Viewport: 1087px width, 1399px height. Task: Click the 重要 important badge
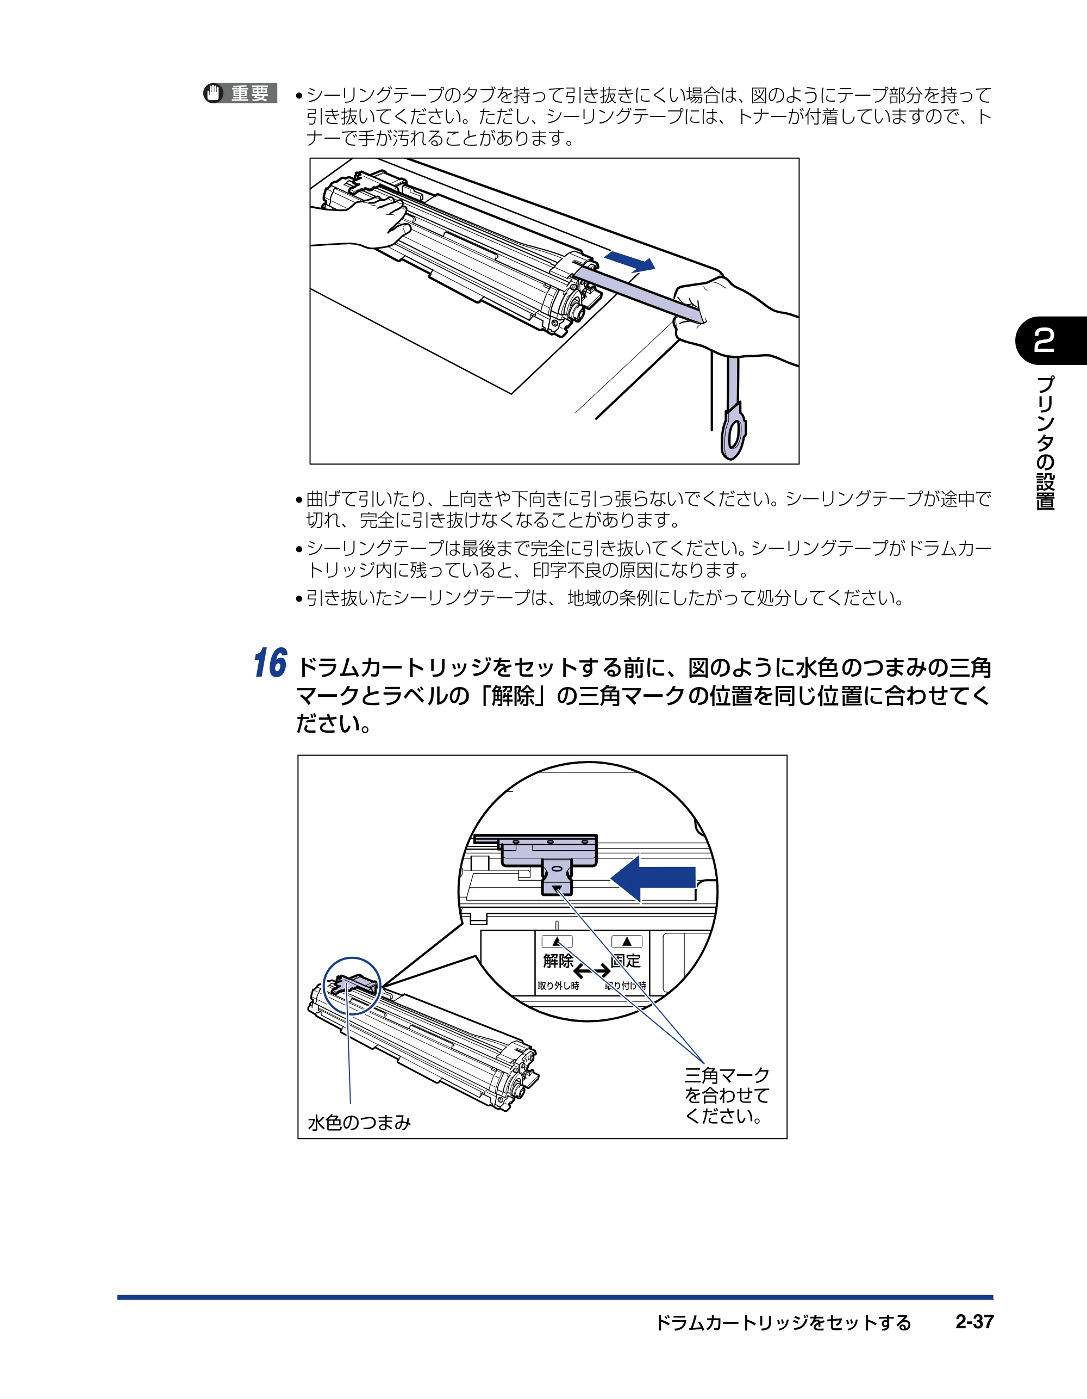pyautogui.click(x=240, y=94)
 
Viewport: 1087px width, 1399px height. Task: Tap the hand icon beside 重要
pyautogui.click(x=213, y=94)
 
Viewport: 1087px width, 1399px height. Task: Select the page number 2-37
pyautogui.click(x=974, y=1322)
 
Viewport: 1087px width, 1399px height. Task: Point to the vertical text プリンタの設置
pyautogui.click(x=1045, y=443)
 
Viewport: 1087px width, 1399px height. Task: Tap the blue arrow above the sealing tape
pyautogui.click(x=629, y=261)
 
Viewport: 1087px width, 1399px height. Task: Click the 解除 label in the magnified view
pyautogui.click(x=558, y=961)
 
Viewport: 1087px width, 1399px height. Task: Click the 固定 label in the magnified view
pyautogui.click(x=626, y=961)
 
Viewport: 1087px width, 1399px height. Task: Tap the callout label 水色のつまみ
pyautogui.click(x=359, y=1122)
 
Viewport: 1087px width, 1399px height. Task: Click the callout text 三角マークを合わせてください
pyautogui.click(x=727, y=1096)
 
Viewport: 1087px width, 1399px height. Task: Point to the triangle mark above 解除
pyautogui.click(x=557, y=942)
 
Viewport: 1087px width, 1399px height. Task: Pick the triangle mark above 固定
pyautogui.click(x=627, y=941)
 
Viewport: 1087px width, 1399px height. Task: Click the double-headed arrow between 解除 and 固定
pyautogui.click(x=592, y=971)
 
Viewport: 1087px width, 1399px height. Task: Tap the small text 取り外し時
pyautogui.click(x=558, y=986)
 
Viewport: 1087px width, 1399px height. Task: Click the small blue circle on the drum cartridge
pyautogui.click(x=352, y=986)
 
